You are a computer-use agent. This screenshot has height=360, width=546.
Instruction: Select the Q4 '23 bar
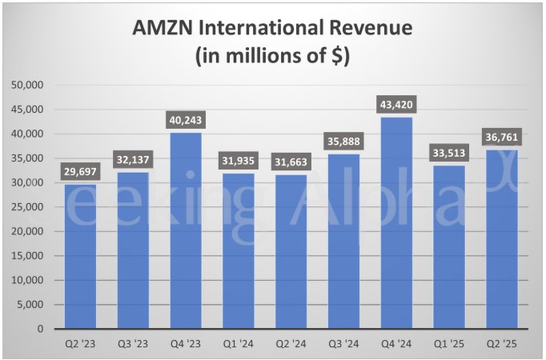(x=185, y=232)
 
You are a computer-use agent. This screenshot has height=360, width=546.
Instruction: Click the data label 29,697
(x=80, y=172)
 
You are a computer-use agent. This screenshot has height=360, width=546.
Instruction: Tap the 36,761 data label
(x=500, y=138)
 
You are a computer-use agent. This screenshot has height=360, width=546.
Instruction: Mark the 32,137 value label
(x=132, y=160)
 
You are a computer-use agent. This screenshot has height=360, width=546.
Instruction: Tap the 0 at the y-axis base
(x=39, y=329)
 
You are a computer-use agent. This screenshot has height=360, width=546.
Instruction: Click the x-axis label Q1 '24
(x=238, y=345)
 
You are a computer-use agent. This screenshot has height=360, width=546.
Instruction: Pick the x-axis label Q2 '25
(x=500, y=345)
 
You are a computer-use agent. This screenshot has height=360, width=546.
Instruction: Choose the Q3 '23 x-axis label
(x=132, y=345)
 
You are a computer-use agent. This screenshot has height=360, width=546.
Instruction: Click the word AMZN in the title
(x=165, y=29)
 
